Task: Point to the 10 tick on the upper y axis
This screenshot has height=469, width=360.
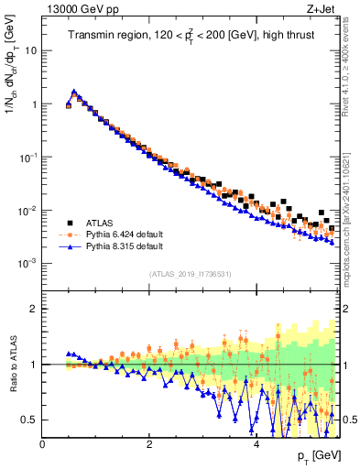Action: tap(31, 50)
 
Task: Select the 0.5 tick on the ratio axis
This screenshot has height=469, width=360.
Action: tap(30, 420)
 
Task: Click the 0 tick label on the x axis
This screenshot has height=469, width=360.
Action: tap(43, 444)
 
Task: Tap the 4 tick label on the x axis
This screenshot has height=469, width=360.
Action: tap(256, 444)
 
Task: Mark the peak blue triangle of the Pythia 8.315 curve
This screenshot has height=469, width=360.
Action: tap(73, 92)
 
